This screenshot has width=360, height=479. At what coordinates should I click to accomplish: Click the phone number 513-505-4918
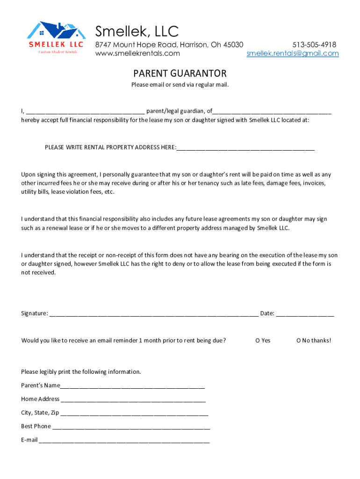coord(314,44)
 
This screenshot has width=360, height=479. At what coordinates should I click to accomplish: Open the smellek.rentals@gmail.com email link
coord(293,53)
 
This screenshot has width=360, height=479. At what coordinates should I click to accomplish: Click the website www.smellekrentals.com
coord(137,53)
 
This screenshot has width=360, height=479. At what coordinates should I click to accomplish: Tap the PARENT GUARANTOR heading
coord(180,73)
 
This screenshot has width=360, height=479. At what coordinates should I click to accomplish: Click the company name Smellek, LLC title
coord(137,31)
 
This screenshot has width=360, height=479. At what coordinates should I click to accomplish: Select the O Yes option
coord(263,340)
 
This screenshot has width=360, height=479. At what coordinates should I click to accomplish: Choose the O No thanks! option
coord(313,340)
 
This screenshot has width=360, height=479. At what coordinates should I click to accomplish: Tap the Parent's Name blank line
coord(132,386)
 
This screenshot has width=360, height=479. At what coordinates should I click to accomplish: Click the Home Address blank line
coord(133,400)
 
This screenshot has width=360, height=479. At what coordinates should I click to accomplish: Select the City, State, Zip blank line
coord(134,414)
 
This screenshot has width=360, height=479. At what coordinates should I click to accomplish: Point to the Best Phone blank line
coord(131,427)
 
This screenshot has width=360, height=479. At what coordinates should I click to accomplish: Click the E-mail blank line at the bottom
coord(124,441)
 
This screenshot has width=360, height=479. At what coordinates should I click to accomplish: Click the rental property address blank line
coord(245,148)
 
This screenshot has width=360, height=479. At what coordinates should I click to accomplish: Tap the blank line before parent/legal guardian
coord(85,112)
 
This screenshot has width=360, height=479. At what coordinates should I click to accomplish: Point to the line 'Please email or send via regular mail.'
coord(180,85)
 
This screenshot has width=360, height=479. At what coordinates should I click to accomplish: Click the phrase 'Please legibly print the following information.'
coord(81,372)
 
